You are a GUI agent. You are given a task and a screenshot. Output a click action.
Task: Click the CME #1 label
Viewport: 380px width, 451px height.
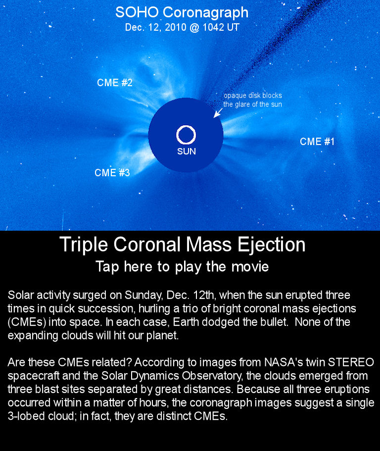click(317, 142)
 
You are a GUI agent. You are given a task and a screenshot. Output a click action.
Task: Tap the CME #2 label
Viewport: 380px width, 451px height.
click(115, 83)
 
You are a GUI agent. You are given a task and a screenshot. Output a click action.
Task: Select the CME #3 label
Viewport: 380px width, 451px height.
click(112, 173)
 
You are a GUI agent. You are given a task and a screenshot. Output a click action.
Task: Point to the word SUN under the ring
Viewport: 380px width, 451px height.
click(186, 151)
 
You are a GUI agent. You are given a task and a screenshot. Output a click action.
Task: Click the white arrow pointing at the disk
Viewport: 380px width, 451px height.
click(218, 113)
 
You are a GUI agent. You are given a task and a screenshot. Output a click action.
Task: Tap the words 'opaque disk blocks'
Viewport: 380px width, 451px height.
click(253, 96)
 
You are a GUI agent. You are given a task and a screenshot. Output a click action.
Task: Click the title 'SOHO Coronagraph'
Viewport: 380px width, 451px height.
click(182, 13)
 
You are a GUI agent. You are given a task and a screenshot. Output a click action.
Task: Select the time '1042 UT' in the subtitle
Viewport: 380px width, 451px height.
click(221, 27)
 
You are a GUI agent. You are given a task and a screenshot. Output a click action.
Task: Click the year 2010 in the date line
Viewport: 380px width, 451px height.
click(176, 27)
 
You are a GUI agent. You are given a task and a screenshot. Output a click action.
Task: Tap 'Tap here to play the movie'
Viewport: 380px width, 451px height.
click(182, 267)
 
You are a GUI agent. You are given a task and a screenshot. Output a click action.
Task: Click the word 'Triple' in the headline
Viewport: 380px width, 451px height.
click(84, 245)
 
